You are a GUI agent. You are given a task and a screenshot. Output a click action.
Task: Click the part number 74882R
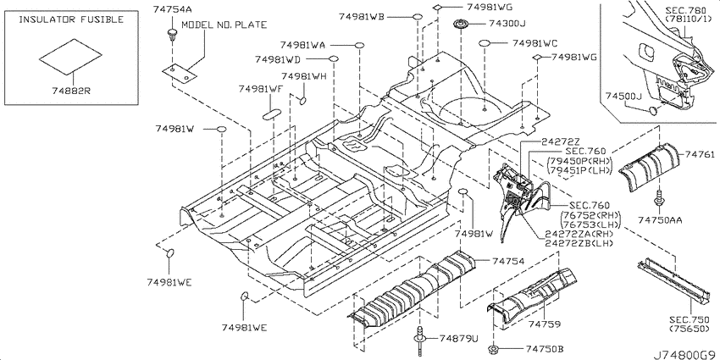click(x=70, y=91)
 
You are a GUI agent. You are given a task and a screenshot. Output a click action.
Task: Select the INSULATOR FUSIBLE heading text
click(x=71, y=19)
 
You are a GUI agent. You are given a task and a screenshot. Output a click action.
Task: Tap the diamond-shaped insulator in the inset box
click(x=70, y=57)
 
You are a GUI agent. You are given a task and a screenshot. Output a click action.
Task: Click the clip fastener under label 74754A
click(x=172, y=35)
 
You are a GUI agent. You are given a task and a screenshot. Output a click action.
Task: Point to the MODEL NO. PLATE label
click(x=224, y=25)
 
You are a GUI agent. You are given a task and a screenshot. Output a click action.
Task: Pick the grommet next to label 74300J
click(x=460, y=24)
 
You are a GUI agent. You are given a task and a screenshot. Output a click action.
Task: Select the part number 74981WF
click(x=260, y=90)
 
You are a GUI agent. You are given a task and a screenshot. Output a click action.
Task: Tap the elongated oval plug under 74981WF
click(x=271, y=114)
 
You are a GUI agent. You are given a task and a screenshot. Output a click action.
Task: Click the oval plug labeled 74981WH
click(x=302, y=100)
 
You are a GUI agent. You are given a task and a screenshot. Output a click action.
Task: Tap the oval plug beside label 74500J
click(x=652, y=110)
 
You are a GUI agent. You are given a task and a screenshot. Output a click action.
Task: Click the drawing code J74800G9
click(x=684, y=355)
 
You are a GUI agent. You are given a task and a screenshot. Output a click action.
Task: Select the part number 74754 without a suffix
click(x=508, y=261)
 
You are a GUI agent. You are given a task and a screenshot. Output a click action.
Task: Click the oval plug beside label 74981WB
click(x=417, y=18)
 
